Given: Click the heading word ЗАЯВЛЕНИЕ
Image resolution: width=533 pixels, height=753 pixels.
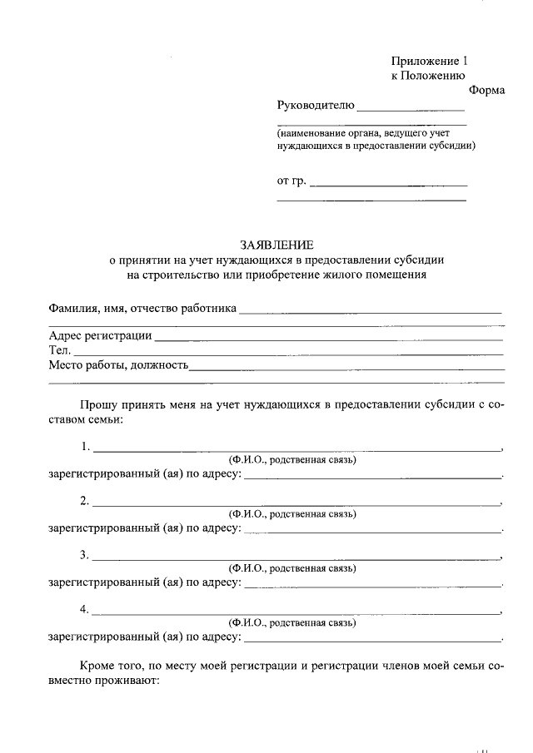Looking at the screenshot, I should pos(277,245).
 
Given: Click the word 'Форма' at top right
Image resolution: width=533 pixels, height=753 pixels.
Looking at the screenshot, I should pos(486,90).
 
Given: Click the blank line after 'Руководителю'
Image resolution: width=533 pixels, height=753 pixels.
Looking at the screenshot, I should pos(411,108).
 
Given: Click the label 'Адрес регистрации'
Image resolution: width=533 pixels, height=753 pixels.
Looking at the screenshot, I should pos(100,335).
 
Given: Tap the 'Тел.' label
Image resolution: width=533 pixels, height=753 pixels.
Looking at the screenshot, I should pos(60,350).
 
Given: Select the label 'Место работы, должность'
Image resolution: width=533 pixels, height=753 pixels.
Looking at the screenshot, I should pos(118,365).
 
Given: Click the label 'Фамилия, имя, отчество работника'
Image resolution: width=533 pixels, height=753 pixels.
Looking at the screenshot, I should pos(142,309).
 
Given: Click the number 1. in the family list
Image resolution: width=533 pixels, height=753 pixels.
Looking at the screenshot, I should pos(85,447).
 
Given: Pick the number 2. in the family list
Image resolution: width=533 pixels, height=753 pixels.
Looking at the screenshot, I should pos(85,501).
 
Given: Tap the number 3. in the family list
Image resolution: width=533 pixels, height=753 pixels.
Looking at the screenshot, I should pos(85,555).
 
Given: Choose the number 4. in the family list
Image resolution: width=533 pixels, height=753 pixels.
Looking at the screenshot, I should pos(85,609).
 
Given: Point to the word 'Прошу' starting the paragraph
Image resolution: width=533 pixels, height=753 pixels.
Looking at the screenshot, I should pos(97,404).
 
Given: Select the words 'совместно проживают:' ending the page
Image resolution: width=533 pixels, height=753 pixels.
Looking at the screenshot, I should pos(108,681).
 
